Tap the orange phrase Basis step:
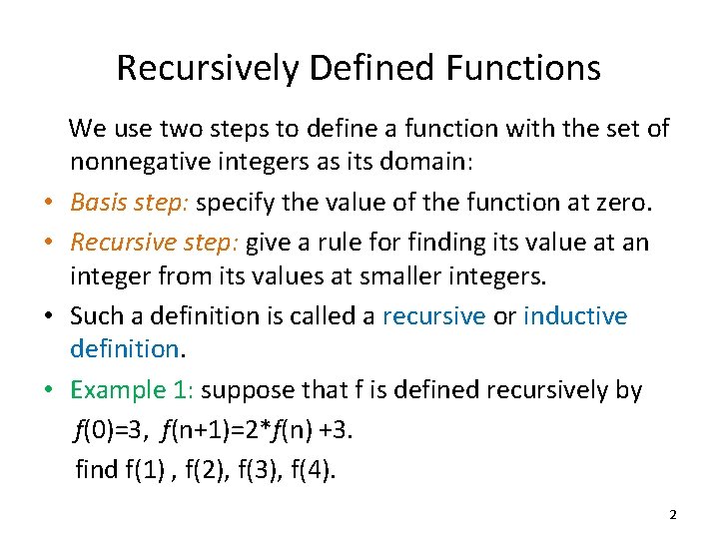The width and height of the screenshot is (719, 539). pos(130,204)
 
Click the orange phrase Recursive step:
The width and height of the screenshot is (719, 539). pos(155,242)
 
